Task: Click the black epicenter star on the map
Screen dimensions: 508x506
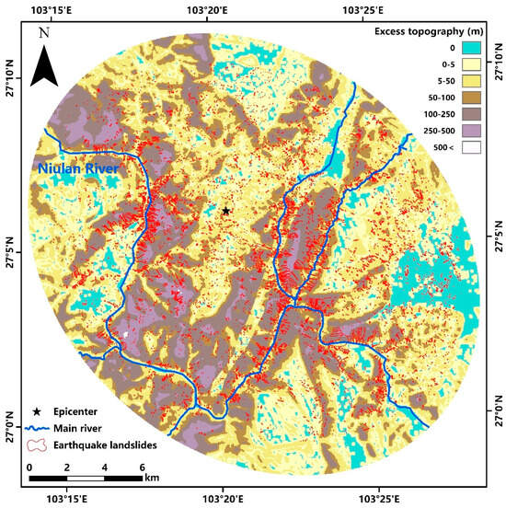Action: pos(225,211)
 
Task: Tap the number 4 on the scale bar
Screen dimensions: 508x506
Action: pos(103,468)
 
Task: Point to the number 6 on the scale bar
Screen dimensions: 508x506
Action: pos(141,468)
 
